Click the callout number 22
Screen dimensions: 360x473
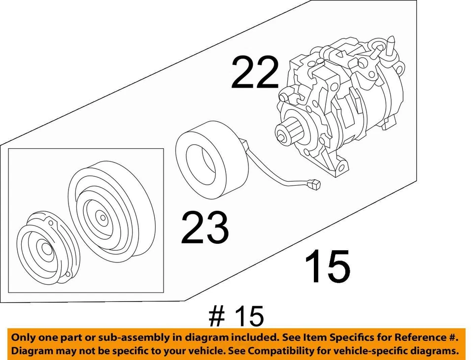pos(255,73)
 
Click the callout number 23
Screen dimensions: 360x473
pos(204,227)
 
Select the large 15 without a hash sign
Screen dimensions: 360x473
pos(327,266)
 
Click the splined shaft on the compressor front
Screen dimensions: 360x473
pos(285,133)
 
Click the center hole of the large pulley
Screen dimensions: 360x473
pos(101,216)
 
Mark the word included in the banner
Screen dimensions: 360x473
pos(253,338)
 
